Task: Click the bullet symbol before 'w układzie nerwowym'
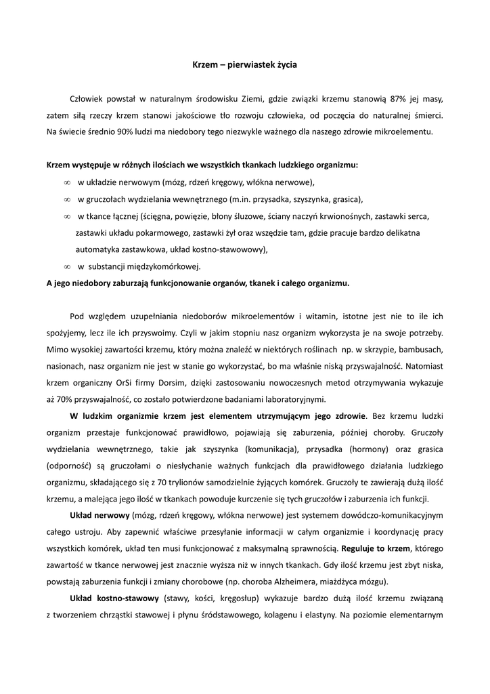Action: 67,182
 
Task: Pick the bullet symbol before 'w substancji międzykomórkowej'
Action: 67,266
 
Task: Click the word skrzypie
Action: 367,349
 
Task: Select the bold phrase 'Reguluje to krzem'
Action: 376,548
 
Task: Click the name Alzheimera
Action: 298,581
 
